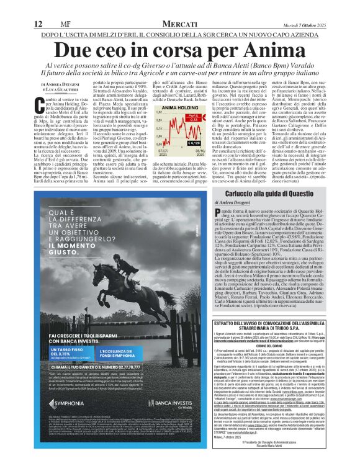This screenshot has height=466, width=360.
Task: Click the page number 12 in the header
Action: tap(38, 7)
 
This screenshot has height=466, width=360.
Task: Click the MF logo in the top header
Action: tap(58, 7)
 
